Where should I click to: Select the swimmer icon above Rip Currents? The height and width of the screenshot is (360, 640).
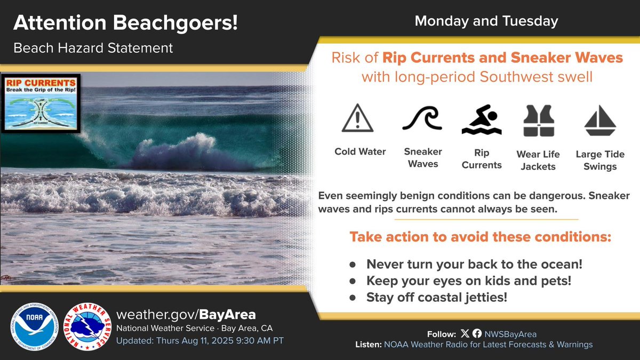tap(482, 120)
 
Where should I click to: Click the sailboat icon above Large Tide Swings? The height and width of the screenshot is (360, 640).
tap(600, 121)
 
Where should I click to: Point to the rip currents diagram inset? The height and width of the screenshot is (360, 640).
tap(41, 103)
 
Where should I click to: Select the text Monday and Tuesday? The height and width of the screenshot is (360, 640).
tap(486, 21)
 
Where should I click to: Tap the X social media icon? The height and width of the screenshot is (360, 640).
tap(465, 333)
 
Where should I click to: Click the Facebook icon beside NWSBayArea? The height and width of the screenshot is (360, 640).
tap(477, 333)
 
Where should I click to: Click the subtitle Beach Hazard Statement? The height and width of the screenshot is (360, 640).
tap(93, 48)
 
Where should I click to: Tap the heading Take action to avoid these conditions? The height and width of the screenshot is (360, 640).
tap(480, 237)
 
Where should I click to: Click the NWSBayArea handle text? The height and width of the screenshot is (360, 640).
tap(510, 334)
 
